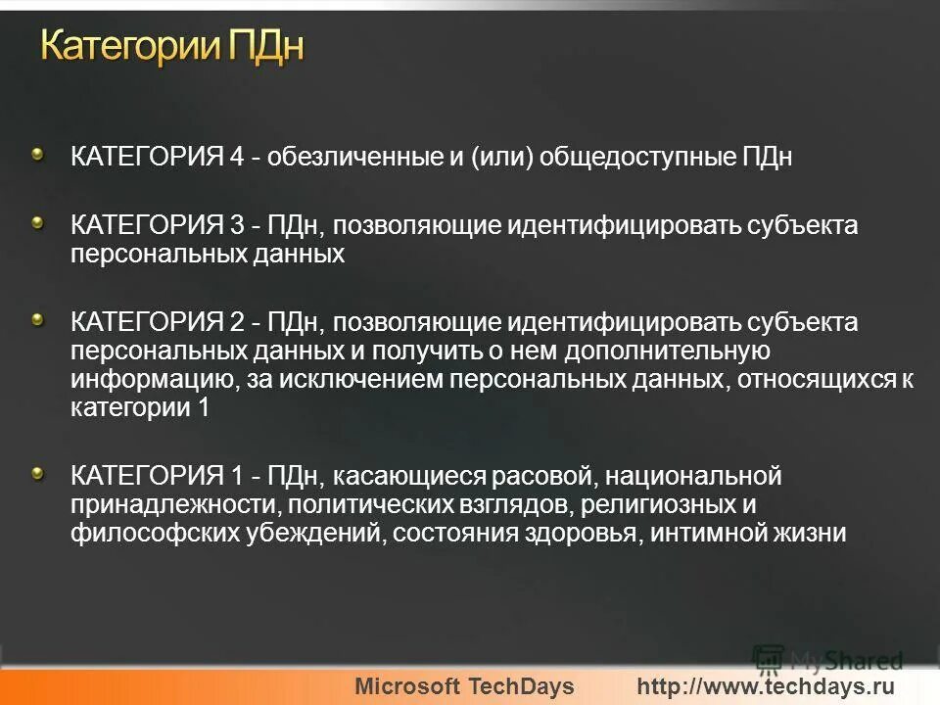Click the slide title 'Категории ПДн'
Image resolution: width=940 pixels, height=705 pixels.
pos(172,46)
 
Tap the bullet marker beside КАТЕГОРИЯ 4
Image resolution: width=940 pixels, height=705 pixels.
pos(37,153)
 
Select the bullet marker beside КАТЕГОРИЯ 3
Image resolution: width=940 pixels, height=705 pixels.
pos(37,223)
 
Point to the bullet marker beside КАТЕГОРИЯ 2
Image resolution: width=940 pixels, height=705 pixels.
pos(37,319)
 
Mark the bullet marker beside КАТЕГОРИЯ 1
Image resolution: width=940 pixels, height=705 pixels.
pos(37,474)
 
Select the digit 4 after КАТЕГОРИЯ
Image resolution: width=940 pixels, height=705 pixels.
pos(236,158)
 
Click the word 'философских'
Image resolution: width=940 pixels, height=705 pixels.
pos(141,534)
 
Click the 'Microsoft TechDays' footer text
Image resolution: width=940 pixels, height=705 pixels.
pos(464,686)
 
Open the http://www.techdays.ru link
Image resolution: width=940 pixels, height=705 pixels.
pos(766,686)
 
